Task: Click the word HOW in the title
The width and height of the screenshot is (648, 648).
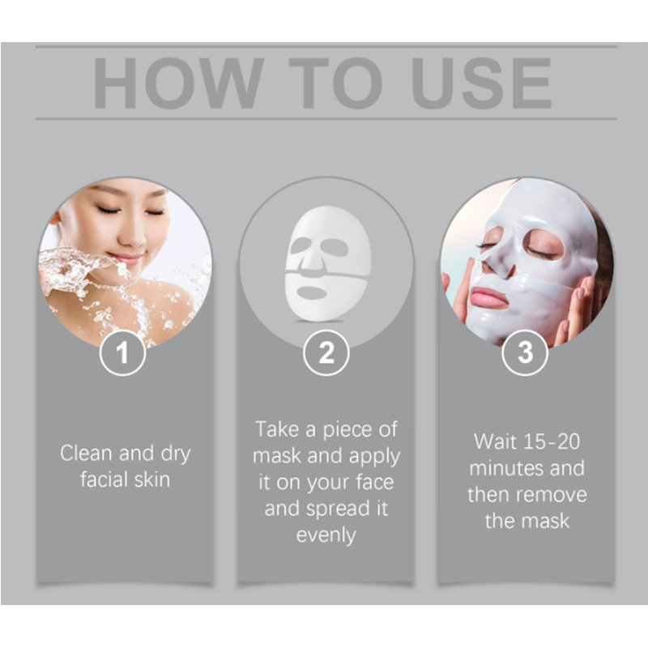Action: point(179,83)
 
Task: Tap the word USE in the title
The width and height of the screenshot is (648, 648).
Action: point(481,83)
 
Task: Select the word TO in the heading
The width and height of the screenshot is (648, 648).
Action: point(335,83)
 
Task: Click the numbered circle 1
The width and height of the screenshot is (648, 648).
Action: point(122,353)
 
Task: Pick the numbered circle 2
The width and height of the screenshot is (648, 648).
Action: point(326,353)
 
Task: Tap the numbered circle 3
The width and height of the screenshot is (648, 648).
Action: point(525,353)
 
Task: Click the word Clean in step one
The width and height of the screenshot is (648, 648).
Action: point(86,453)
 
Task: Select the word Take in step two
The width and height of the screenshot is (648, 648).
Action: point(277,429)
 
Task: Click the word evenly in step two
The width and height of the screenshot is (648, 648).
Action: point(326,535)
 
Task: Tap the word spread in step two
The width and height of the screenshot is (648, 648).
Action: point(337,509)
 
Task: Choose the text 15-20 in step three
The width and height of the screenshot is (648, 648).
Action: point(552,441)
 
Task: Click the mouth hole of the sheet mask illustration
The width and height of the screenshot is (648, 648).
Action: point(312,293)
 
